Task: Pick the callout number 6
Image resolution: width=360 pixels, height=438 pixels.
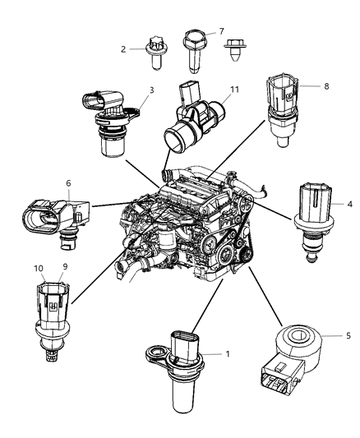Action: click(69, 185)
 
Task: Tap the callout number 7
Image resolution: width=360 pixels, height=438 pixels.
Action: click(220, 31)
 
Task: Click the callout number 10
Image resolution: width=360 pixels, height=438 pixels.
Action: click(37, 266)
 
